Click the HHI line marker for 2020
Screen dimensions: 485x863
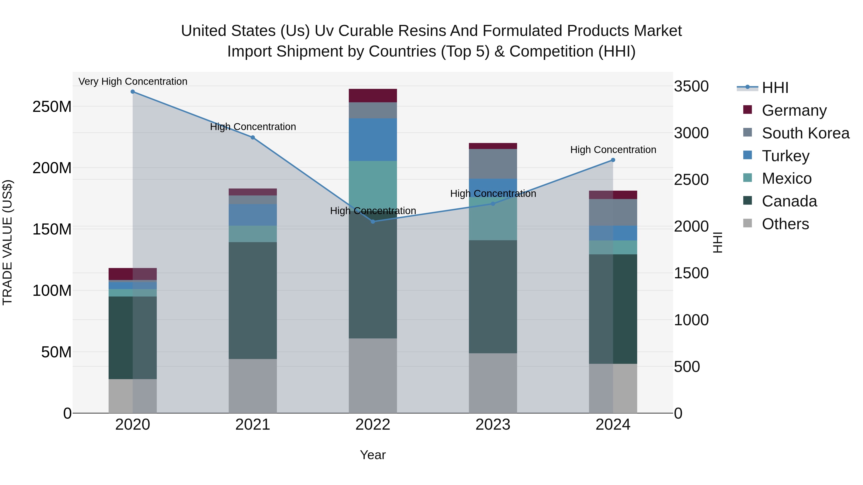[133, 92]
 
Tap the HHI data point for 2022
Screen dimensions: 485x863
[373, 222]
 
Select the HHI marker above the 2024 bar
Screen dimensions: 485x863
[613, 160]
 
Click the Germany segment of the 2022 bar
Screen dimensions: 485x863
[373, 96]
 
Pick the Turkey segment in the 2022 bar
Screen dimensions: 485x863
[373, 140]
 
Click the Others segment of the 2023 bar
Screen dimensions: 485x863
[493, 383]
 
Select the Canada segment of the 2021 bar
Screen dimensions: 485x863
[253, 300]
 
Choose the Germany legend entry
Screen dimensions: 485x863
[794, 110]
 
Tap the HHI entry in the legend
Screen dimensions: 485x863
[775, 88]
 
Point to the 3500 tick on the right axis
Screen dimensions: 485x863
[691, 86]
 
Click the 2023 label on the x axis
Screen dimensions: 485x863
[493, 425]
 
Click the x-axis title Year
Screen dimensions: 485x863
[373, 455]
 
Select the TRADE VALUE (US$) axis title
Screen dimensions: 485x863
[7, 242]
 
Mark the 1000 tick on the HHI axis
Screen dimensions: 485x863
[691, 320]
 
